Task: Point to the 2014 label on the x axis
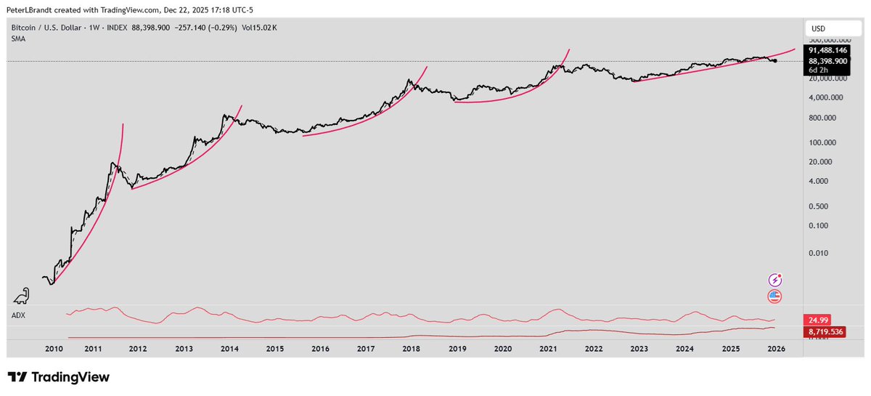[229, 349]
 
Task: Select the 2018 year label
[412, 349]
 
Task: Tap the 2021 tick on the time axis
[548, 349]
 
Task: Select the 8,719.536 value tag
[826, 331]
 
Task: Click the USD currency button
[818, 28]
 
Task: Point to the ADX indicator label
[18, 315]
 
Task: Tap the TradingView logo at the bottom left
[58, 377]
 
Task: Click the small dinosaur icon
[22, 294]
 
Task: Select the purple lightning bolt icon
[775, 280]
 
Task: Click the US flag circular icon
[775, 296]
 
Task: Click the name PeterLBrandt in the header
[28, 10]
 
